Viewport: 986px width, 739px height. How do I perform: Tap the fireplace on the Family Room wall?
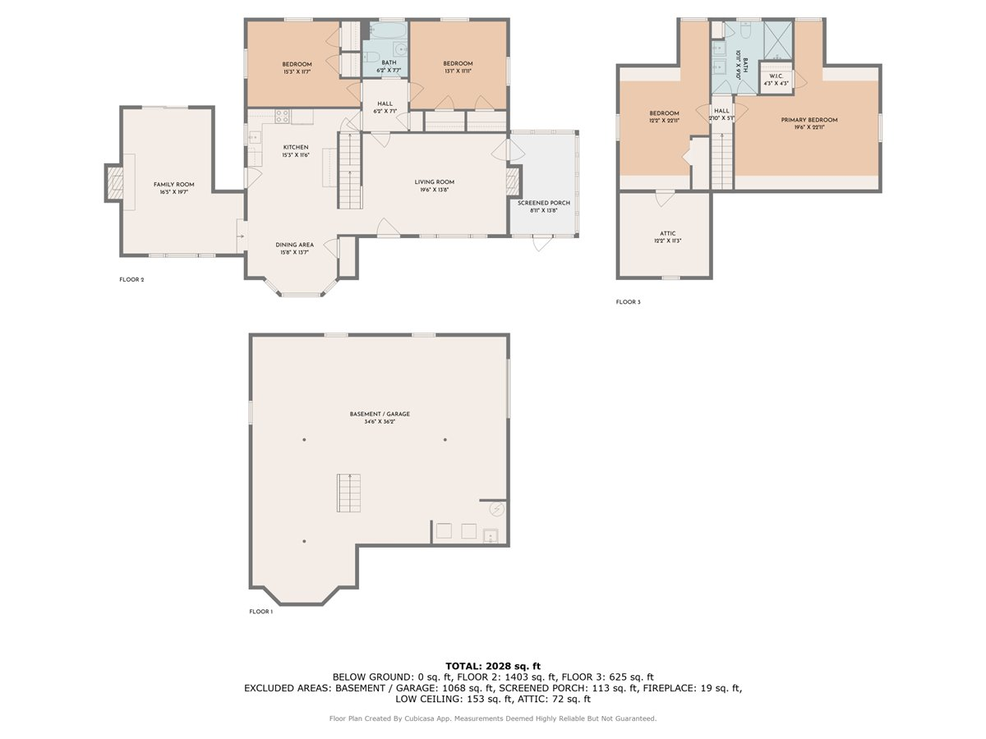[114, 183]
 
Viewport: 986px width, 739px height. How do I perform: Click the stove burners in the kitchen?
[281, 117]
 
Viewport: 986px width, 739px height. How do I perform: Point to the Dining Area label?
[294, 245]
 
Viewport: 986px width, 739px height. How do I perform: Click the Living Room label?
[434, 182]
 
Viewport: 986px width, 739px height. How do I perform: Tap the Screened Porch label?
[543, 203]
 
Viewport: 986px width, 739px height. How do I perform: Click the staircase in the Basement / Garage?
[348, 493]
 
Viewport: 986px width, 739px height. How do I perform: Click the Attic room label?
[667, 234]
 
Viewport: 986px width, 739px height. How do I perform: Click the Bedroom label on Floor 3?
[664, 113]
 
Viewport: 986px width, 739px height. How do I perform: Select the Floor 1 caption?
[260, 612]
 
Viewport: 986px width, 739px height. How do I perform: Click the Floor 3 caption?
[628, 302]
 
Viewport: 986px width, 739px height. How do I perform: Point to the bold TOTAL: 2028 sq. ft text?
[493, 666]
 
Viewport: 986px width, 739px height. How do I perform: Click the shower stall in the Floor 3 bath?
[777, 38]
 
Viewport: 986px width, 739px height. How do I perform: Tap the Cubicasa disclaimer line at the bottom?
[493, 718]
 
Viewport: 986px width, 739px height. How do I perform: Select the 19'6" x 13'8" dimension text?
[434, 190]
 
